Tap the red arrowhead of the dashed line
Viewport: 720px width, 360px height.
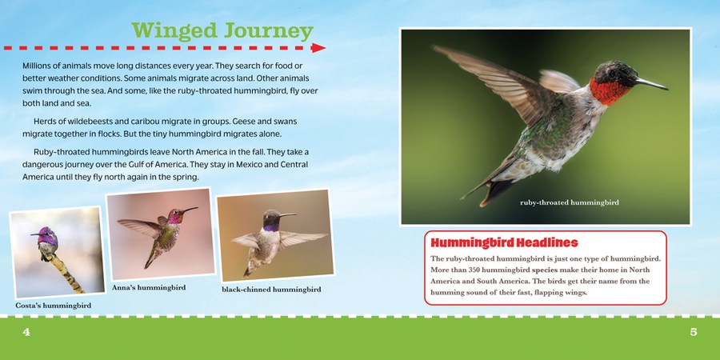tap(318, 48)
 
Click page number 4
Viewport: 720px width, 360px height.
tap(26, 332)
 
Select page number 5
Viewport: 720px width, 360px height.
tap(694, 332)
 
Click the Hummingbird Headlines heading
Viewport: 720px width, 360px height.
tap(501, 242)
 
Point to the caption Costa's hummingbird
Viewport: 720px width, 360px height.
tap(54, 306)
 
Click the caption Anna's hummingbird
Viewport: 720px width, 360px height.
tap(149, 288)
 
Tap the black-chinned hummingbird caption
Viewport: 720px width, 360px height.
tap(271, 290)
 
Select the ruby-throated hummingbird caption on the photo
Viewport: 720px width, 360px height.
tap(570, 202)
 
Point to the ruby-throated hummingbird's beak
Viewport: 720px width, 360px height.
tap(650, 83)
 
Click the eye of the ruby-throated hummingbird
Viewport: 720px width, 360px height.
tap(612, 73)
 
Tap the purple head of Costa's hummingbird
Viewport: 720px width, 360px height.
tap(46, 235)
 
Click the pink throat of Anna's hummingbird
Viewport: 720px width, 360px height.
tap(174, 218)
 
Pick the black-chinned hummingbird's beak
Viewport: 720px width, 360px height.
tap(288, 214)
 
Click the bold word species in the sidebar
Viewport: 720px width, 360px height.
tap(542, 270)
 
